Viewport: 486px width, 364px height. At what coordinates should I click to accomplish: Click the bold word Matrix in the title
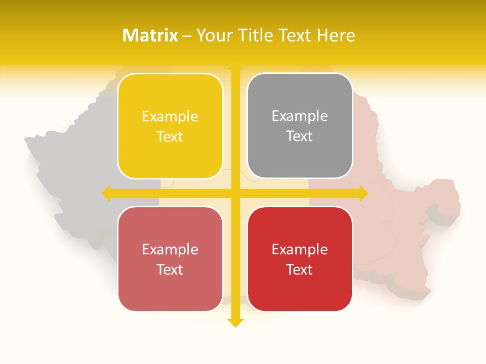tap(150, 35)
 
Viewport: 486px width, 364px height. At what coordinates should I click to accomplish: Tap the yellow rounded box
tap(170, 126)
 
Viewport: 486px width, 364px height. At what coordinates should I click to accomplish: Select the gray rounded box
tap(300, 126)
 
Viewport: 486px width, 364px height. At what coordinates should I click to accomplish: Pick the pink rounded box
tap(170, 259)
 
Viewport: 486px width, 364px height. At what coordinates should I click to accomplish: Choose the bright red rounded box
tap(300, 259)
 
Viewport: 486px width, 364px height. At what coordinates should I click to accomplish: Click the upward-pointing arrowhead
tap(235, 65)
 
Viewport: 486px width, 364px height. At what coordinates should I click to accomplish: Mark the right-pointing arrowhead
tap(363, 194)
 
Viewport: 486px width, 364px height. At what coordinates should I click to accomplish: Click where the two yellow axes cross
tap(235, 194)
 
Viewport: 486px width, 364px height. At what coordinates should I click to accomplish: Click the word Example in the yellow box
tap(170, 117)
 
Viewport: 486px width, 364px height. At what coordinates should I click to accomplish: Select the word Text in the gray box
tap(300, 136)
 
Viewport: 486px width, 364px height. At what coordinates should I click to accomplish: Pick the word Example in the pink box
tap(170, 249)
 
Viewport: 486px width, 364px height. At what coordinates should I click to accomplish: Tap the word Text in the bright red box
tap(300, 269)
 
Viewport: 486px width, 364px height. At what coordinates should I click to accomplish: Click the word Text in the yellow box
tap(170, 137)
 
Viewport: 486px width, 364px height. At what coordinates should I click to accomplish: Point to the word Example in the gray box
tap(300, 116)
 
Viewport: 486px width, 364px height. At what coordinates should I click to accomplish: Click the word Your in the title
tap(212, 35)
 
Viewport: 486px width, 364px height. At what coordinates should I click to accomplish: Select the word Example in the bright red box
tap(300, 249)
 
